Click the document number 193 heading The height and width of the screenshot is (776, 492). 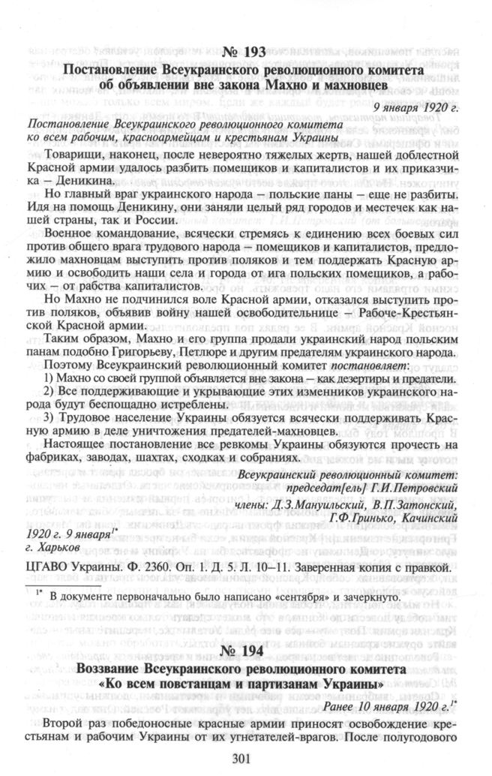[244, 53]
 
